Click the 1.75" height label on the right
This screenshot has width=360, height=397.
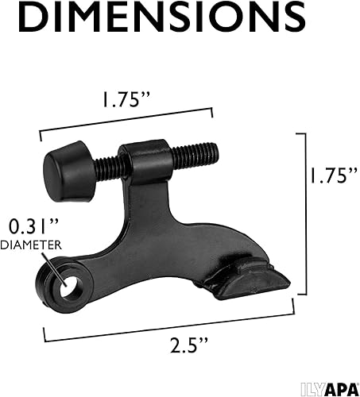click(328, 175)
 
